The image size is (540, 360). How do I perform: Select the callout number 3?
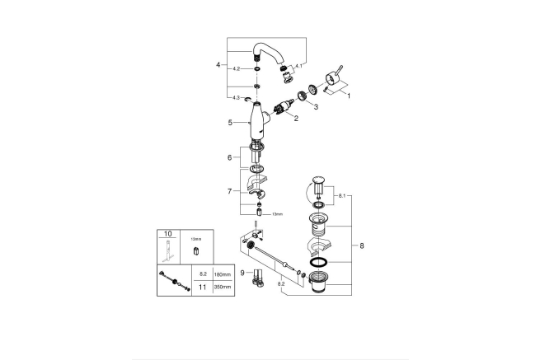[x=314, y=107]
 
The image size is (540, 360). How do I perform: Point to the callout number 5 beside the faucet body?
[x=230, y=123]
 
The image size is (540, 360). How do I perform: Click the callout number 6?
[x=230, y=158]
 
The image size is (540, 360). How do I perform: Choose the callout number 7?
[x=230, y=191]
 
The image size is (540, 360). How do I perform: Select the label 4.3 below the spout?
[x=236, y=97]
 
